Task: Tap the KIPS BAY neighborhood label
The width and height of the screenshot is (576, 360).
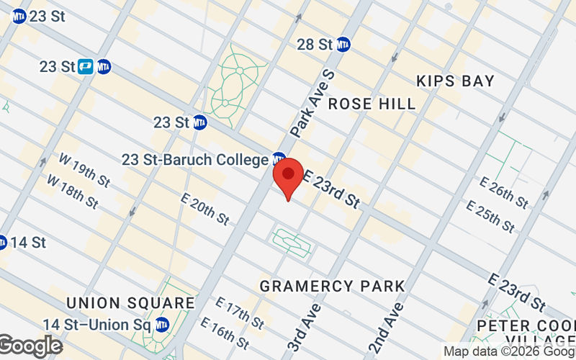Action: (455, 81)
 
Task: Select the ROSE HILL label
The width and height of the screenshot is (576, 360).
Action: (372, 104)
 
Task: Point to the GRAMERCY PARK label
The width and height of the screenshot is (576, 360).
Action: (333, 287)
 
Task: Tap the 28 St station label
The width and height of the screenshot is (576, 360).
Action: (315, 44)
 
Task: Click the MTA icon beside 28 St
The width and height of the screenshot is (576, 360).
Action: (343, 44)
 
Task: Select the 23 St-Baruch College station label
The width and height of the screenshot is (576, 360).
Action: (195, 159)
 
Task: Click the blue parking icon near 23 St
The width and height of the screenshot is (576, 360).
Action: (86, 66)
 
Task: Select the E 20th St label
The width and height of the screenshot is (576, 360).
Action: (204, 209)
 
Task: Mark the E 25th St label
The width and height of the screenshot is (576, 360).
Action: (491, 216)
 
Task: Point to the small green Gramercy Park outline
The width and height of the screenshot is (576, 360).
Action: (292, 242)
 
